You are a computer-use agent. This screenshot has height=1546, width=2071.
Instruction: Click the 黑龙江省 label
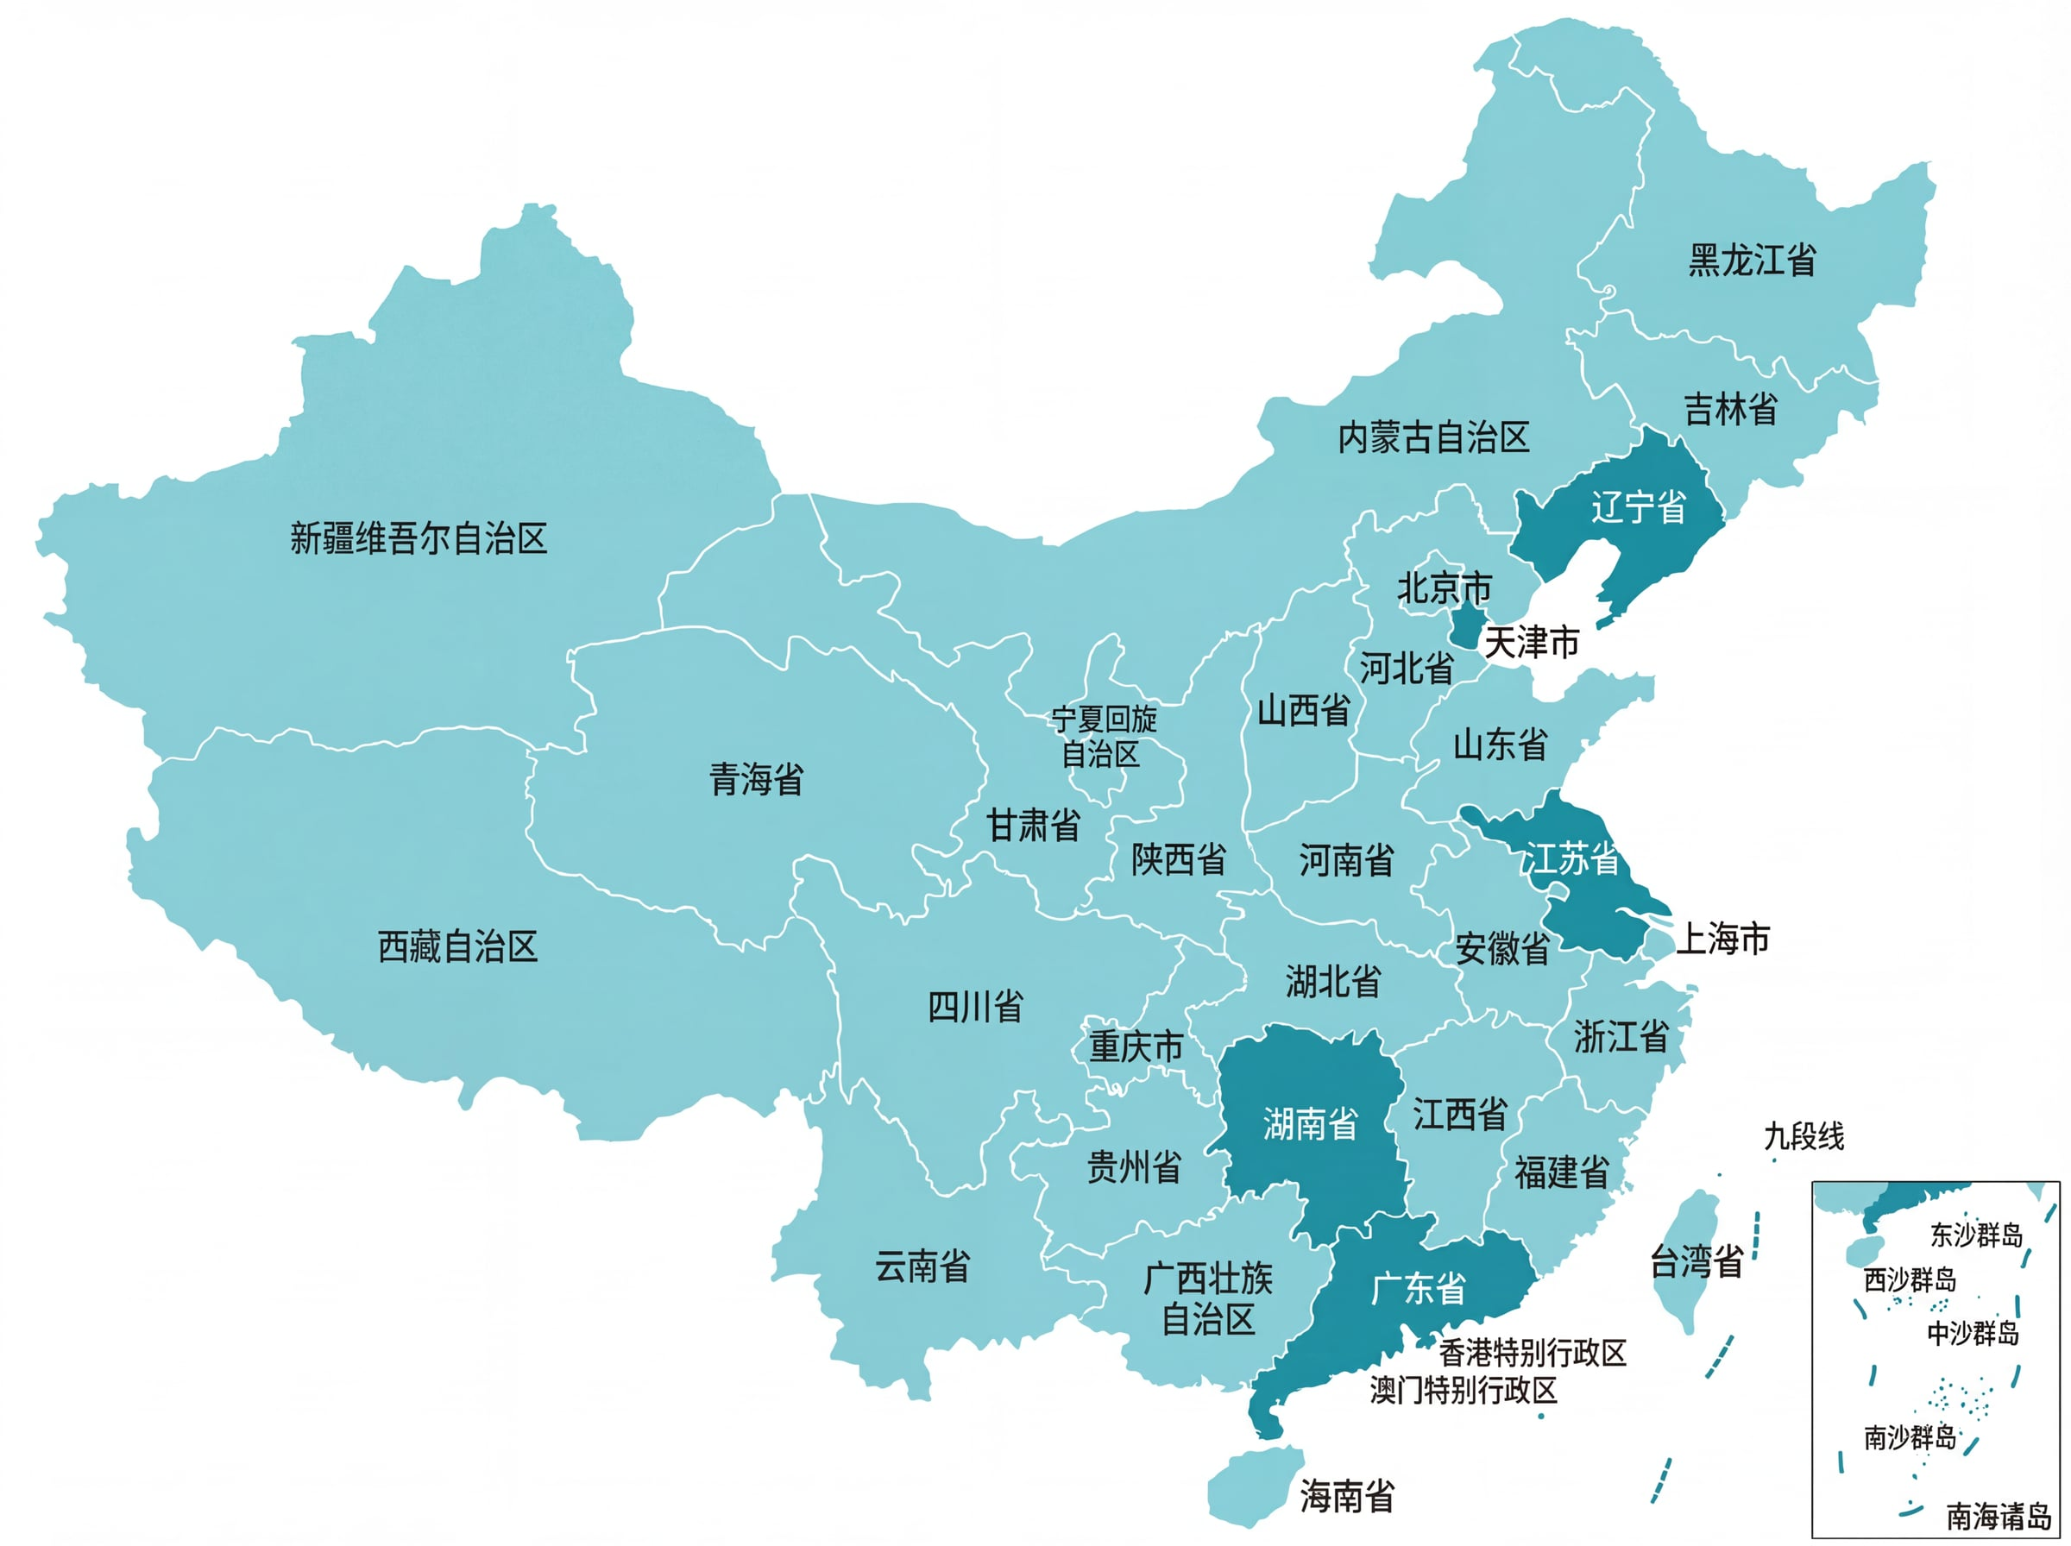[x=1752, y=261]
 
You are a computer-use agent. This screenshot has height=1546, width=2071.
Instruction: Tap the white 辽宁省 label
[x=1638, y=507]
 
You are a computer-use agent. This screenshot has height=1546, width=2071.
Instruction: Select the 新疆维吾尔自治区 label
[x=419, y=538]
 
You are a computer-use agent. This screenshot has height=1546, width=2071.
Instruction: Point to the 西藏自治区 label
[x=457, y=947]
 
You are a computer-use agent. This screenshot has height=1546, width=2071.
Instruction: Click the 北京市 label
[x=1444, y=588]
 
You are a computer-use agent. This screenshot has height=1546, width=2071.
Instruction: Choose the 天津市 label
[x=1533, y=643]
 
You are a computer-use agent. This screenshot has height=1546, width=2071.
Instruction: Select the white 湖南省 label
[x=1310, y=1124]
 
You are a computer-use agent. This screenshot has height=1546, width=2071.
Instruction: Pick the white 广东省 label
[x=1418, y=1289]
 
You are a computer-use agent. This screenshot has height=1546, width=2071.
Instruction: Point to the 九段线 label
[x=1803, y=1137]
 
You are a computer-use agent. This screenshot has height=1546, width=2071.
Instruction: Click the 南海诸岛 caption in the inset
[x=1999, y=1516]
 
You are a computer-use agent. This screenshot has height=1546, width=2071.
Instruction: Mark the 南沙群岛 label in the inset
[x=1910, y=1437]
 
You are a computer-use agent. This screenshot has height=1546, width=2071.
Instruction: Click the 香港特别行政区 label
[x=1533, y=1352]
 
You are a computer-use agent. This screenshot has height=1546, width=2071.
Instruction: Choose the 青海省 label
[x=756, y=779]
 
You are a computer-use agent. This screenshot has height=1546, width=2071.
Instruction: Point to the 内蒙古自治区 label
[x=1432, y=437]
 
